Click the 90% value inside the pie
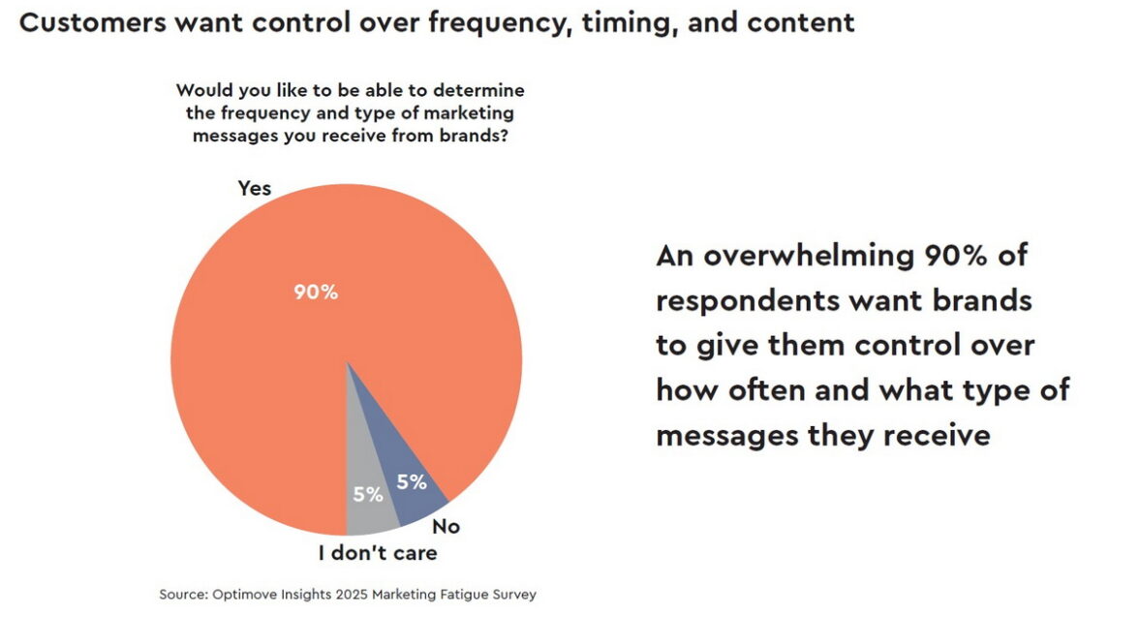click(x=317, y=292)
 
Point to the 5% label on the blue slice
click(x=413, y=481)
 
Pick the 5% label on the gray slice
click(x=368, y=494)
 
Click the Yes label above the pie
click(x=255, y=188)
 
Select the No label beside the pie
click(x=446, y=527)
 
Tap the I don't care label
click(x=378, y=553)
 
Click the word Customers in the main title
click(x=91, y=23)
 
